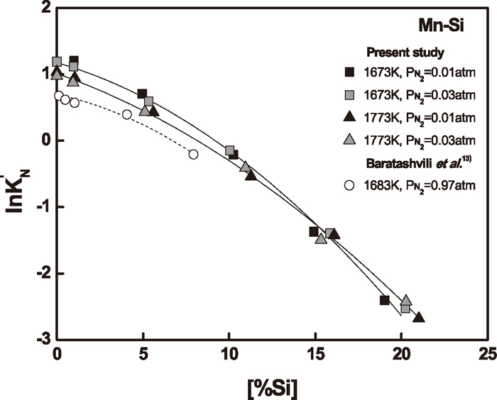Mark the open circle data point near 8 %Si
click(x=193, y=154)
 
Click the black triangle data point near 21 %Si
click(x=419, y=317)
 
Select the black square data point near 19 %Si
click(x=385, y=301)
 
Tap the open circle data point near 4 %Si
click(x=127, y=114)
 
